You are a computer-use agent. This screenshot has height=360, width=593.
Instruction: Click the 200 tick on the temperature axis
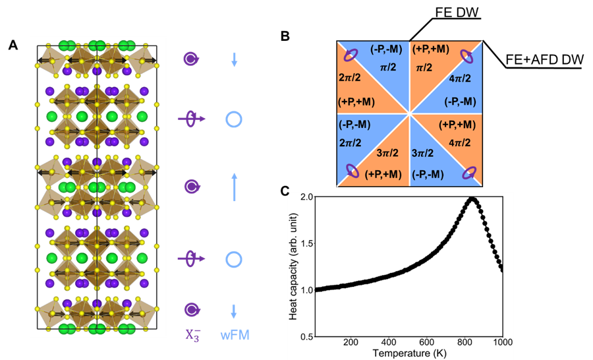click(x=351, y=342)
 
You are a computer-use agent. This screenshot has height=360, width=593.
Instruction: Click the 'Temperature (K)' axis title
click(x=409, y=353)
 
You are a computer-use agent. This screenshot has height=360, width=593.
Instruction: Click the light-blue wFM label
click(x=234, y=336)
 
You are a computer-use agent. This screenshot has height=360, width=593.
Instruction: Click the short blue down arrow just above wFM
click(x=235, y=310)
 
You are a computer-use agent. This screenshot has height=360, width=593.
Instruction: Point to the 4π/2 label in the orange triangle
click(x=460, y=143)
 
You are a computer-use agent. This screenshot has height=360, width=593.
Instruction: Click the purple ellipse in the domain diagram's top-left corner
click(x=353, y=55)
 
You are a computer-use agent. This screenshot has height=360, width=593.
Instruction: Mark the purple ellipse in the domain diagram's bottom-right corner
click(x=468, y=172)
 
